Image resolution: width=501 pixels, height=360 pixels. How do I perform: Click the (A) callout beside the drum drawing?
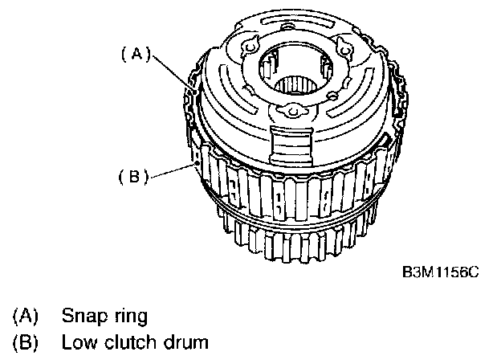(x=136, y=54)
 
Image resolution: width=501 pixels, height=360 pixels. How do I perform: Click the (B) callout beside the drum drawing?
(x=133, y=176)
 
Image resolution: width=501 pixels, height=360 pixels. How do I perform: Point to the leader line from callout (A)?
(x=173, y=73)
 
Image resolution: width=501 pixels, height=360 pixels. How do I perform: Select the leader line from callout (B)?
(x=173, y=170)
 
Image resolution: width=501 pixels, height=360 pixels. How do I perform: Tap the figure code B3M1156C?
(x=441, y=272)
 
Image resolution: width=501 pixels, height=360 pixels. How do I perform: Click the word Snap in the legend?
(x=84, y=316)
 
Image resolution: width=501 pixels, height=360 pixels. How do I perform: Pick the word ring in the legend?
(x=131, y=317)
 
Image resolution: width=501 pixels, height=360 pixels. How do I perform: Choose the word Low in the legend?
(x=79, y=342)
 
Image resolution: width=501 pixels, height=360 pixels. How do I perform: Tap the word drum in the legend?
(x=186, y=342)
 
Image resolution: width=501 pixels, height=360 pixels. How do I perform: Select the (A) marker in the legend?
(x=25, y=316)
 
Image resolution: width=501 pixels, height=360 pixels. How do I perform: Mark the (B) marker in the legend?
(x=25, y=342)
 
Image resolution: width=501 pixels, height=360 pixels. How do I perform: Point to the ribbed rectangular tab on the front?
(x=291, y=145)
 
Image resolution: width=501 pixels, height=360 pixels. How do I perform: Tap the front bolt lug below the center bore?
(x=293, y=111)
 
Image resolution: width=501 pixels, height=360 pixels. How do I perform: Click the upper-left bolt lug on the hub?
(x=250, y=47)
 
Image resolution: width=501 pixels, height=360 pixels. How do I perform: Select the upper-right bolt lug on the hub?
(x=344, y=50)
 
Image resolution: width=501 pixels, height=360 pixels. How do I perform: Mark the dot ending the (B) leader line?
(x=198, y=163)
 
